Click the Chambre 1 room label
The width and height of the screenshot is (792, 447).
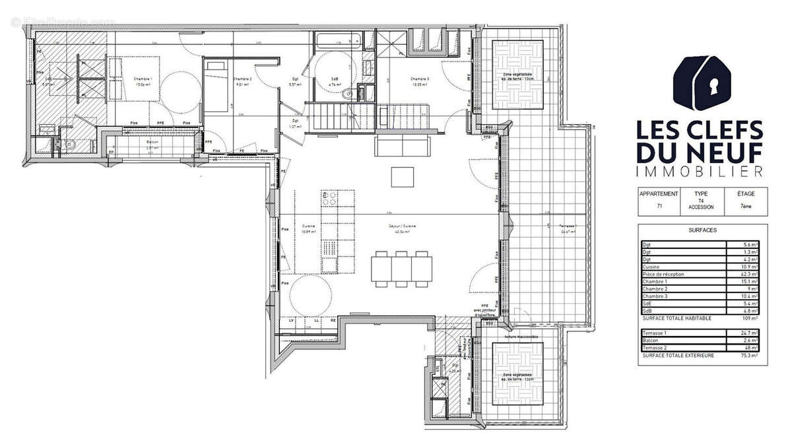144,78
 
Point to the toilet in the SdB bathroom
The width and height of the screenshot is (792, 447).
348,94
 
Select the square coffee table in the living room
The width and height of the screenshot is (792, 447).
402,177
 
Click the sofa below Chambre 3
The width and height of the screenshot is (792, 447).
402,144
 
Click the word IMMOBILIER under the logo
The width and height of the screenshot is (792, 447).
699,172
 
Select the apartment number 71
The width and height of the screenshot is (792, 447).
659,207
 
